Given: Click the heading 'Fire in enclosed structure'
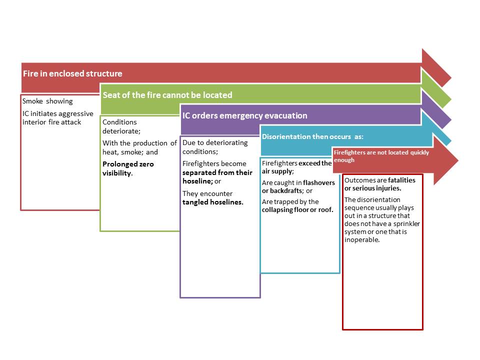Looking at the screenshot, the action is click(72, 74).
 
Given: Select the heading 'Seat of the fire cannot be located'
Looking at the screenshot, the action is click(167, 95).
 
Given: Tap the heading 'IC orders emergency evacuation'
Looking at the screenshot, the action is click(244, 115).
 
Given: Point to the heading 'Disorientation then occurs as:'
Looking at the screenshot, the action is click(312, 136).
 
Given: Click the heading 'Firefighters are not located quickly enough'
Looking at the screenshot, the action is click(381, 156).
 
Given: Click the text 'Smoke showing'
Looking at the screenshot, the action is click(47, 101).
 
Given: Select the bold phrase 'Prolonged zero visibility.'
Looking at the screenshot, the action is click(128, 168).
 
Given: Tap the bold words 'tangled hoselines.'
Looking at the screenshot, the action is click(213, 202).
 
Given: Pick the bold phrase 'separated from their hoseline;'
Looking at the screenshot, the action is click(217, 176).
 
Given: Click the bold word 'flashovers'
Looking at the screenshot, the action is click(319, 183).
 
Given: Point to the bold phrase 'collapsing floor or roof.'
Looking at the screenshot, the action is click(297, 210).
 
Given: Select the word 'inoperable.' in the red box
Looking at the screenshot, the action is click(362, 239).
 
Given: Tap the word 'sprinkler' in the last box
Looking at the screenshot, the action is click(406, 224).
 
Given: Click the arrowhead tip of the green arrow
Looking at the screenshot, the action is click(451, 99).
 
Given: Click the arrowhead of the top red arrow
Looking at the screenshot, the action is click(436, 68).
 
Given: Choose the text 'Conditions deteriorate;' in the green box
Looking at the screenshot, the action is click(121, 126).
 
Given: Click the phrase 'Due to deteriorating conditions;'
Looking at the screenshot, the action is click(215, 147).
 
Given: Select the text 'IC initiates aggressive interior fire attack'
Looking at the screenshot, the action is click(58, 118).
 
